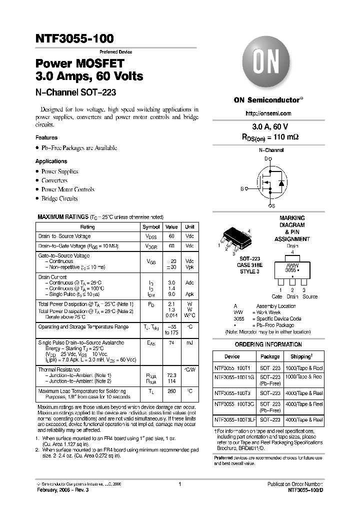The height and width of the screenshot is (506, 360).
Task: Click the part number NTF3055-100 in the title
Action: click(x=74, y=38)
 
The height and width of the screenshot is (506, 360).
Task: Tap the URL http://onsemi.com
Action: click(x=268, y=113)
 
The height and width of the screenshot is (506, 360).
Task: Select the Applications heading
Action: click(x=51, y=161)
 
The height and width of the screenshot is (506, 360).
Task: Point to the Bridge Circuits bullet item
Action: click(x=59, y=198)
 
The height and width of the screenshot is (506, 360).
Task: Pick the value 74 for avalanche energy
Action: click(x=171, y=343)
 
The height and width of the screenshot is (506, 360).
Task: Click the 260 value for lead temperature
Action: click(x=171, y=391)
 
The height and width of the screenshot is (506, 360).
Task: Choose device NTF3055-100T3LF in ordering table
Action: click(x=234, y=420)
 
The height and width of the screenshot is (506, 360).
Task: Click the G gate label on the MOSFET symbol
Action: click(x=242, y=189)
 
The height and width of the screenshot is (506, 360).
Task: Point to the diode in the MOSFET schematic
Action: click(x=281, y=183)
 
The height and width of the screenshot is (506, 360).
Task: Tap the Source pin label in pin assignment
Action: click(x=310, y=296)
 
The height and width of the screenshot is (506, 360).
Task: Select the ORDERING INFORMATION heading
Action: click(x=268, y=344)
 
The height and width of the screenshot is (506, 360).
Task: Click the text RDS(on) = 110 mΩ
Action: click(x=268, y=136)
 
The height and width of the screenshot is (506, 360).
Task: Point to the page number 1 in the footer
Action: click(x=179, y=484)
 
